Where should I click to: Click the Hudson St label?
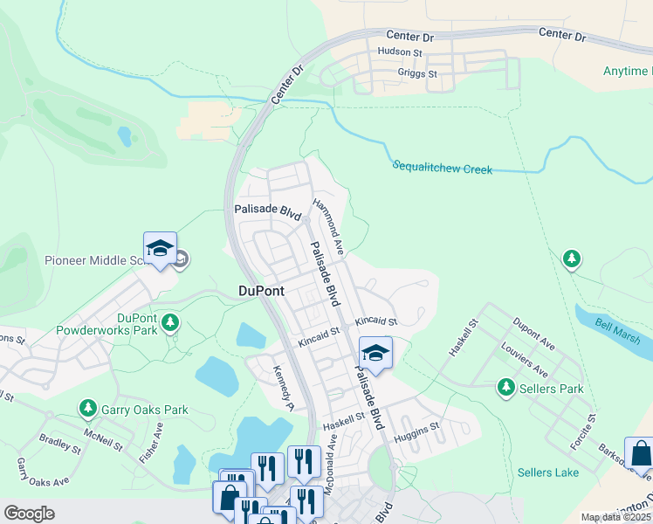click(399, 52)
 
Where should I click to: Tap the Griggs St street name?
click(417, 74)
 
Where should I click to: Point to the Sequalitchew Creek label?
click(442, 167)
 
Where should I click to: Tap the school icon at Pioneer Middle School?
click(160, 248)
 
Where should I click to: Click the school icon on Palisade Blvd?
click(375, 353)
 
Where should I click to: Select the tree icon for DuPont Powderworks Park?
click(170, 324)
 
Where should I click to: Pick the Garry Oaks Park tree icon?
click(87, 408)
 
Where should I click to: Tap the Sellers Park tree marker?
click(505, 387)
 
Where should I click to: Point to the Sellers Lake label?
click(547, 472)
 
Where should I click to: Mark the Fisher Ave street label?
click(158, 441)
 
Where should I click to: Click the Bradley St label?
click(60, 444)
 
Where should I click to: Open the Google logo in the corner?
click(29, 514)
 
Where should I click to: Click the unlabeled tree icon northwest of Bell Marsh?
click(571, 259)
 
